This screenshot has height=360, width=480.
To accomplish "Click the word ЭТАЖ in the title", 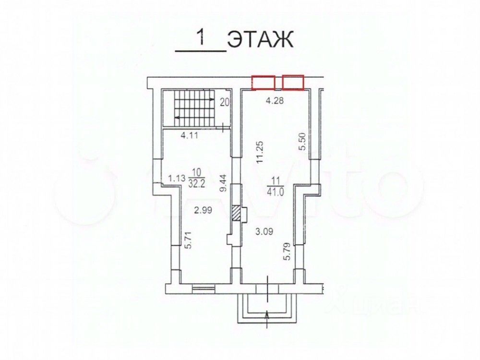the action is point(261,39).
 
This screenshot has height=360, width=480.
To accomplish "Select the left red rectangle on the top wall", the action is point(263,83).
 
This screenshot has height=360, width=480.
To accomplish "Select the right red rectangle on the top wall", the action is point(293,83).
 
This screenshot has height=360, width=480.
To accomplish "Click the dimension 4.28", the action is point(275,100).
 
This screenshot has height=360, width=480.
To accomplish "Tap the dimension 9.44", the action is point(224,182).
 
